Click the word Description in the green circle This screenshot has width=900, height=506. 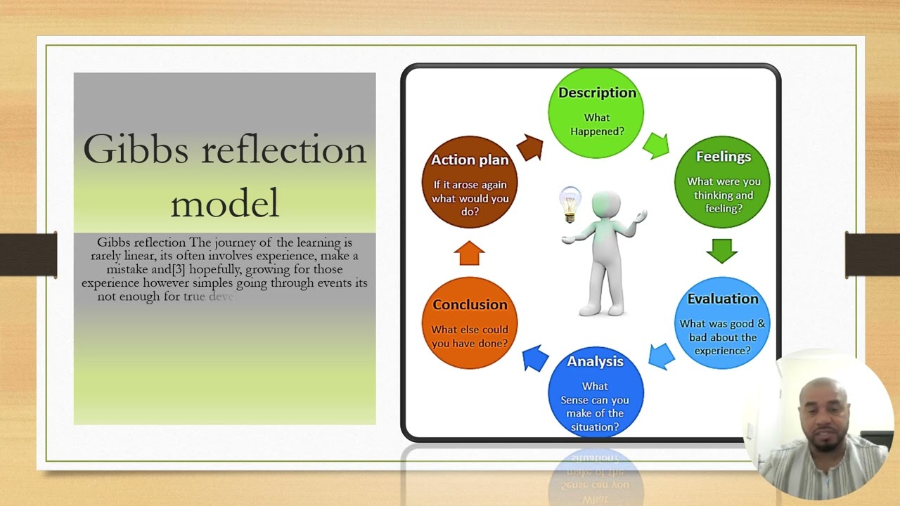click(x=597, y=93)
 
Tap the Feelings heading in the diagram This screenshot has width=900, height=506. click(x=723, y=157)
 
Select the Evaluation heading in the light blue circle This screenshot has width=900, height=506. click(x=722, y=299)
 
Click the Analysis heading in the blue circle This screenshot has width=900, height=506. click(x=595, y=361)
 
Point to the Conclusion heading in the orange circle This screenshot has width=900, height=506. click(x=469, y=304)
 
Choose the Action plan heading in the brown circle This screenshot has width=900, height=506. click(x=469, y=160)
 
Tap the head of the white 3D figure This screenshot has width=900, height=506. click(x=606, y=205)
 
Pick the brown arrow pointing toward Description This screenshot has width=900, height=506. click(x=530, y=147)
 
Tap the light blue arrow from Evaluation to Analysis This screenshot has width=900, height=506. click(x=661, y=356)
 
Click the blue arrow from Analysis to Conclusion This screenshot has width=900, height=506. click(x=536, y=358)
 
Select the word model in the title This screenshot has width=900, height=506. click(x=225, y=203)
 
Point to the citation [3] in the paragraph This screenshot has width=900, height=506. click(x=179, y=269)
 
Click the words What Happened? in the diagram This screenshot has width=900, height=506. click(x=596, y=124)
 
